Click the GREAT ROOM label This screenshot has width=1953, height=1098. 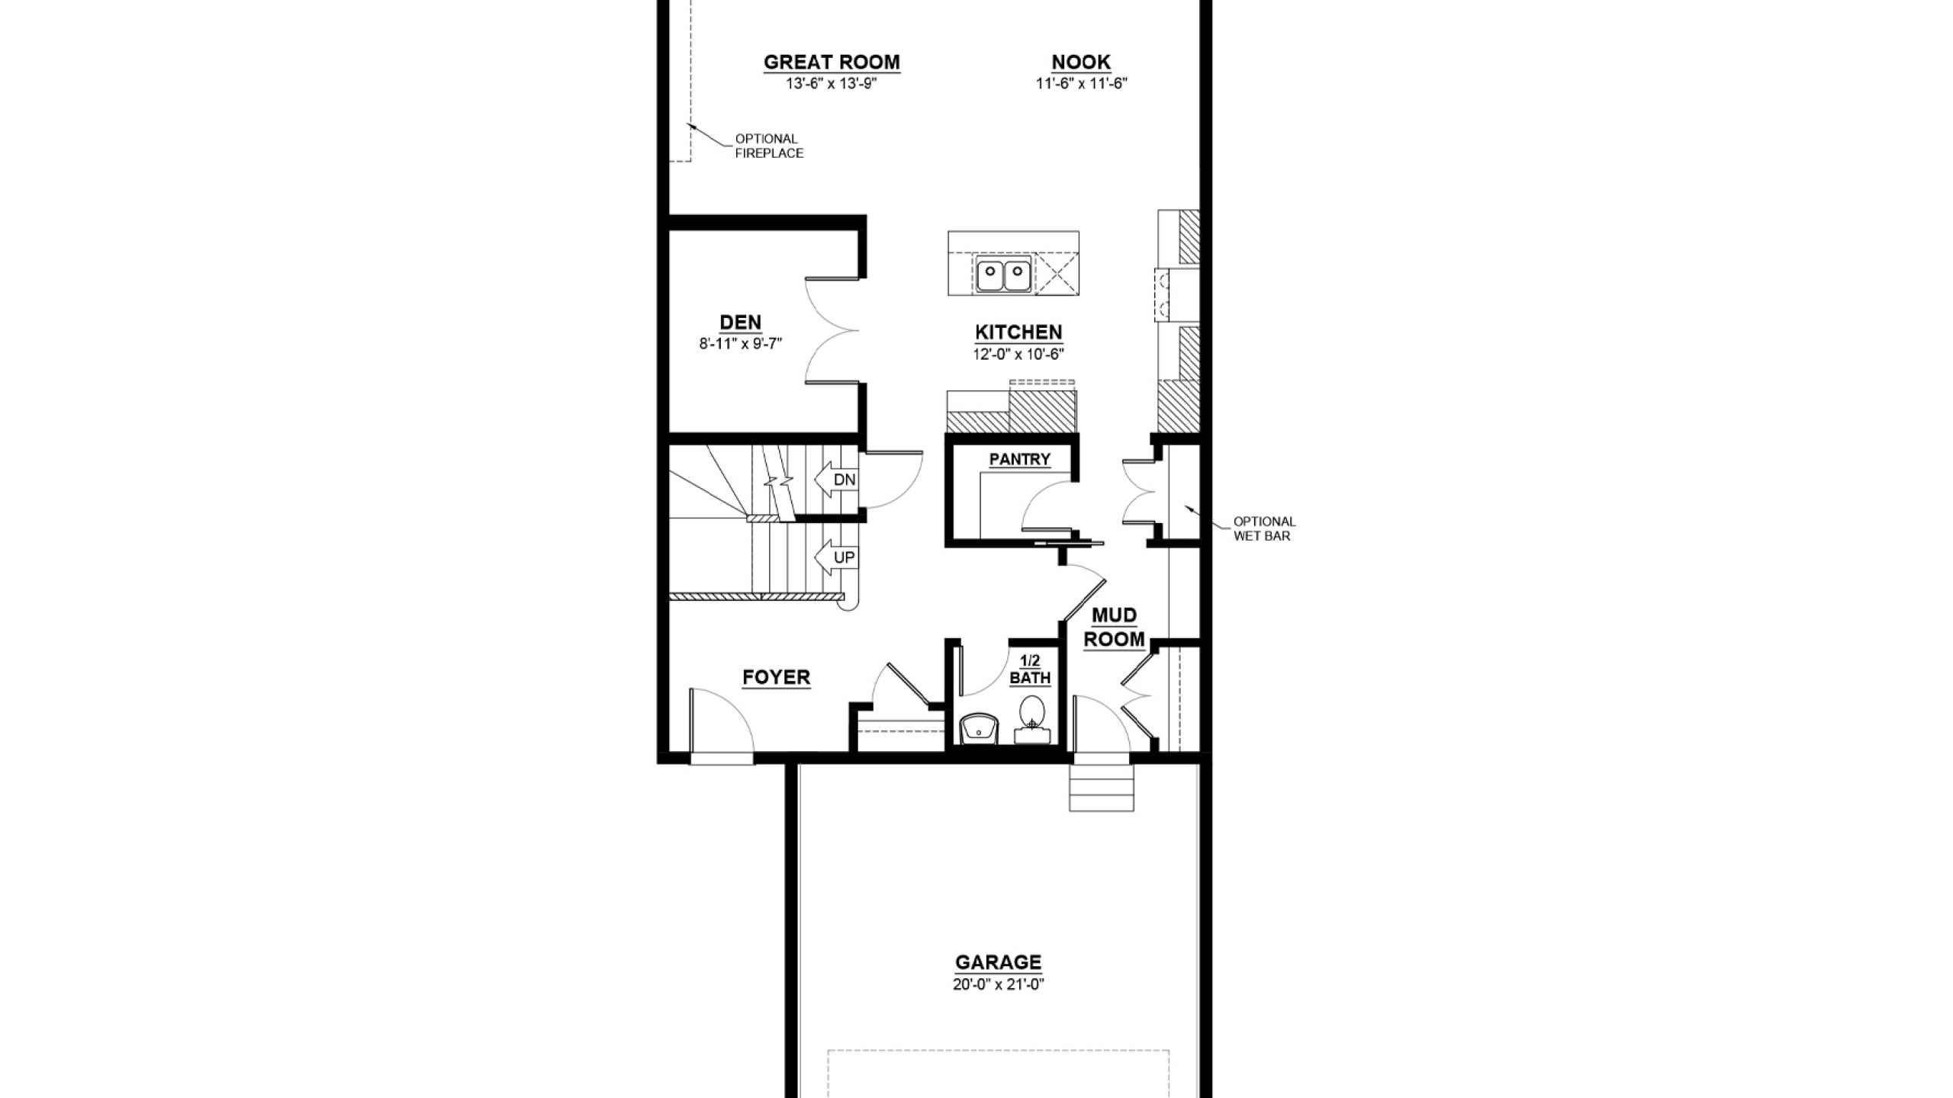pyautogui.click(x=832, y=62)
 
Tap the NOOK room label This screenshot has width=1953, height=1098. pyautogui.click(x=1081, y=62)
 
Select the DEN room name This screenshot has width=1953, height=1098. pyautogui.click(x=740, y=323)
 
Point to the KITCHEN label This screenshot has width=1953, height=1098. pyautogui.click(x=1018, y=332)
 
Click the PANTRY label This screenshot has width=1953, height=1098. pyautogui.click(x=1020, y=459)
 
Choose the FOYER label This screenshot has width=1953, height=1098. pyautogui.click(x=777, y=677)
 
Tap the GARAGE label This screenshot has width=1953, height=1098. pyautogui.click(x=998, y=962)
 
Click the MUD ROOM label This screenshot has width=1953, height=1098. pyautogui.click(x=1115, y=628)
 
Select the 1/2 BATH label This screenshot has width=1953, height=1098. pyautogui.click(x=1030, y=669)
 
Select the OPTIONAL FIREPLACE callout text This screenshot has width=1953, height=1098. pyautogui.click(x=769, y=146)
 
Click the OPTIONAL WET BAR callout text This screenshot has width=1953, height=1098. pyautogui.click(x=1264, y=528)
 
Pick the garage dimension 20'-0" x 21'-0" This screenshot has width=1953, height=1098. pyautogui.click(x=998, y=984)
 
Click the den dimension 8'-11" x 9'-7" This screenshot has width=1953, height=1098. pyautogui.click(x=741, y=344)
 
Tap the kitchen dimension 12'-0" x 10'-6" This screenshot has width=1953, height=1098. pyautogui.click(x=1018, y=354)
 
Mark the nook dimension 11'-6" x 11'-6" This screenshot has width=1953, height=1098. pyautogui.click(x=1081, y=83)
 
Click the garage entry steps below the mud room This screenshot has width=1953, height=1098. pyautogui.click(x=1101, y=785)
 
